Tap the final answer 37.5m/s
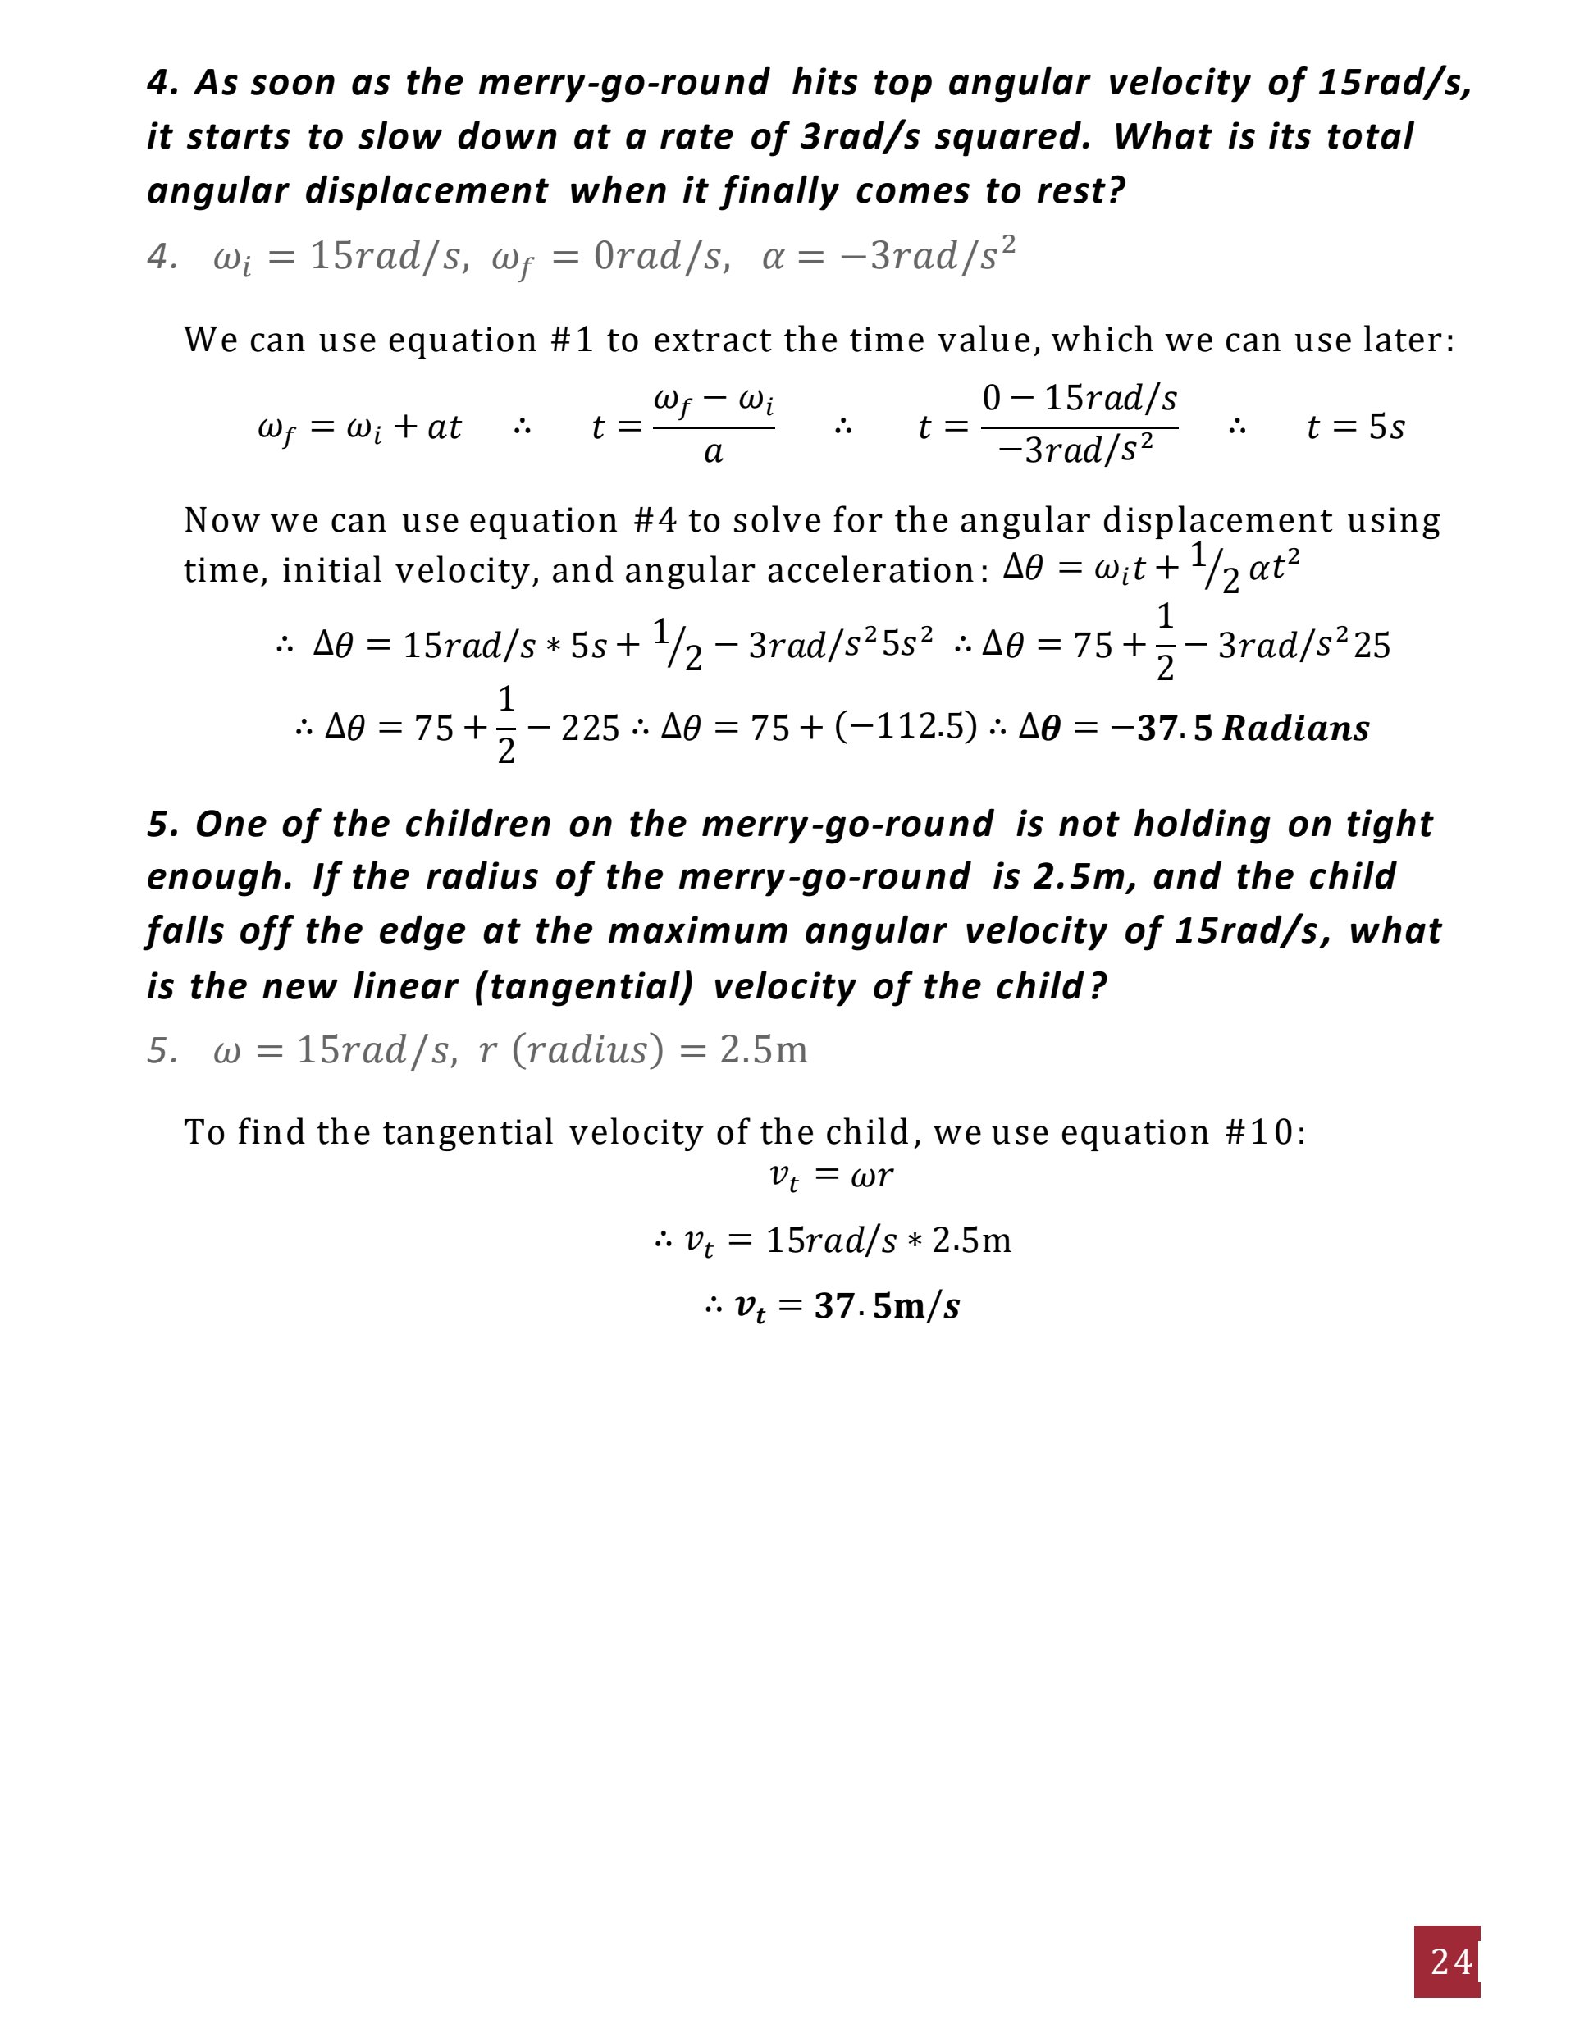click(887, 1305)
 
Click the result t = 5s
click(1355, 427)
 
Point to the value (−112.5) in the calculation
click(905, 726)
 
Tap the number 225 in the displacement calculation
click(590, 728)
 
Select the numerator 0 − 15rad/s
click(1080, 399)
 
